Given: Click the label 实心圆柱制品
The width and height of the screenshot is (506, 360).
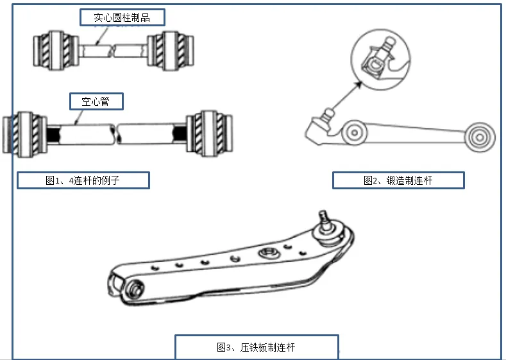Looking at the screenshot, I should pyautogui.click(x=121, y=17).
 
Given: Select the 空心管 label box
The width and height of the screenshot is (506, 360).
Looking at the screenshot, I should pyautogui.click(x=96, y=101).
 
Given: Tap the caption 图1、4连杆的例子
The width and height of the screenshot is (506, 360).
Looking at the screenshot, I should pyautogui.click(x=83, y=180).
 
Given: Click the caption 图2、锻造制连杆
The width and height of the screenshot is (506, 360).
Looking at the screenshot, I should pyautogui.click(x=398, y=180).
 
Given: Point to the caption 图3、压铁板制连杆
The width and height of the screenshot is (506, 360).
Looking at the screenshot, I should pyautogui.click(x=256, y=347).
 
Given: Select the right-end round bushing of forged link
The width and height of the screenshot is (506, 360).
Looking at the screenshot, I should pyautogui.click(x=478, y=137).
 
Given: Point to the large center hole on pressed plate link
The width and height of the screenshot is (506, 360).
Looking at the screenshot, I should pyautogui.click(x=266, y=253).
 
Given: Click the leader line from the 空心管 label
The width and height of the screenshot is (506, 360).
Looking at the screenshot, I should pyautogui.click(x=80, y=116).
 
